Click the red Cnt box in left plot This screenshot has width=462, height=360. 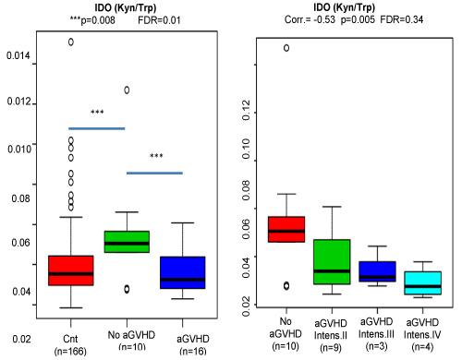coord(71,270)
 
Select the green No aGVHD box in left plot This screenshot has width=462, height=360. coord(127,242)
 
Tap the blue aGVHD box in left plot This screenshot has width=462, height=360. coord(183,272)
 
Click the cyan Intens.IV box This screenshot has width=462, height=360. coord(423,282)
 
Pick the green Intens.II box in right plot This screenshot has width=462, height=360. coord(332,261)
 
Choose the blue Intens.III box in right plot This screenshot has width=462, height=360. coord(377,271)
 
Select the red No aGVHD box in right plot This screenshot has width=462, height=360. coord(286,229)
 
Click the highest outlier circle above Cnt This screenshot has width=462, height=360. coord(71,42)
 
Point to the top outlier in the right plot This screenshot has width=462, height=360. coord(286,48)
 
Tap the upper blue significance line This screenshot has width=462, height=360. coord(97,128)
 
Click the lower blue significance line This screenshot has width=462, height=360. coord(154,173)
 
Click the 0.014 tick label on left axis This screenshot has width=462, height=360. coord(18,55)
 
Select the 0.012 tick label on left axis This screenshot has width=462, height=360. coord(19,102)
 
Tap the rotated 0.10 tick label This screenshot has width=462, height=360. coord(247,149)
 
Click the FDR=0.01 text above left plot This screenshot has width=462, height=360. coord(159,20)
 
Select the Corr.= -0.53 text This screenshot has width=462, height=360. coord(310,19)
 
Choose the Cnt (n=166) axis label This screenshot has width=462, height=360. coord(70,344)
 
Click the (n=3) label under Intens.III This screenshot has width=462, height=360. coord(377,346)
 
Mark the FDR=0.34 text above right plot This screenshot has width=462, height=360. coord(402,19)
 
